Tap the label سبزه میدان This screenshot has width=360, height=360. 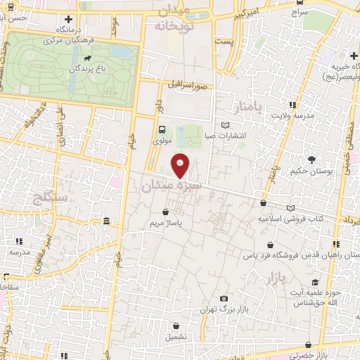pos(172,186)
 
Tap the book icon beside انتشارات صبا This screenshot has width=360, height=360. pos(225,125)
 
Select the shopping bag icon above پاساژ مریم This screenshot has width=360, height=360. pos(165,211)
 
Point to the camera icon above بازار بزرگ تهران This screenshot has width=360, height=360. pos(224,298)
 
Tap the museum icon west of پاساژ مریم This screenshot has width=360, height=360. pos(106,222)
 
